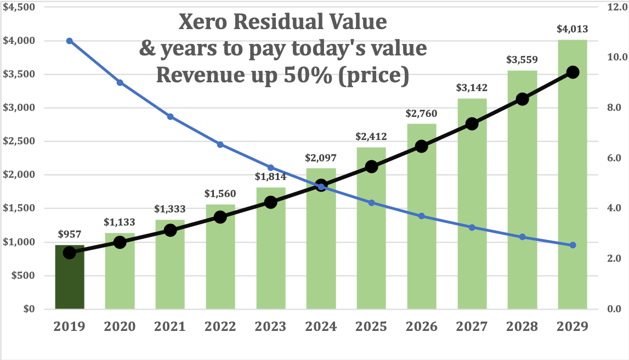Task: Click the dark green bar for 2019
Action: coord(69,277)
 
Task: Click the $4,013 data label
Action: coord(573,30)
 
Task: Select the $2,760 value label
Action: coord(422,114)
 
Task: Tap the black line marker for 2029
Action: coord(573,72)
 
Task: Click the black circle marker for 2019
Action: coord(69,252)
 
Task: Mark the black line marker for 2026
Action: coord(422,146)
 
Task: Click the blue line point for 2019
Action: coord(69,41)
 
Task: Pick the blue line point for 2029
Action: coord(573,245)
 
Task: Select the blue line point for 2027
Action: coord(472,227)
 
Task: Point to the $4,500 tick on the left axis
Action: coord(20,7)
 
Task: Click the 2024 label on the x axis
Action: coord(321,327)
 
